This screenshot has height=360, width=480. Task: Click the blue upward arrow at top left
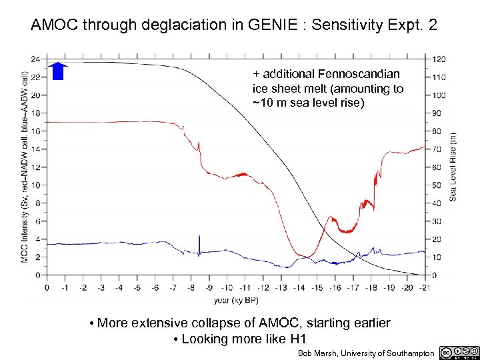(x=58, y=70)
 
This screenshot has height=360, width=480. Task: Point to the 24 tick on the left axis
(x=35, y=59)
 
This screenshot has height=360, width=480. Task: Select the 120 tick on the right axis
(x=440, y=59)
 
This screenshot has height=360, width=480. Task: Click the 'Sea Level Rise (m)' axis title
(x=454, y=166)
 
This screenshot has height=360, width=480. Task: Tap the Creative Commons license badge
(x=459, y=352)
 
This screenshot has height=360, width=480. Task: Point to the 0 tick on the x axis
(x=47, y=287)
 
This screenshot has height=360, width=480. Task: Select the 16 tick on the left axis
(x=35, y=131)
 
